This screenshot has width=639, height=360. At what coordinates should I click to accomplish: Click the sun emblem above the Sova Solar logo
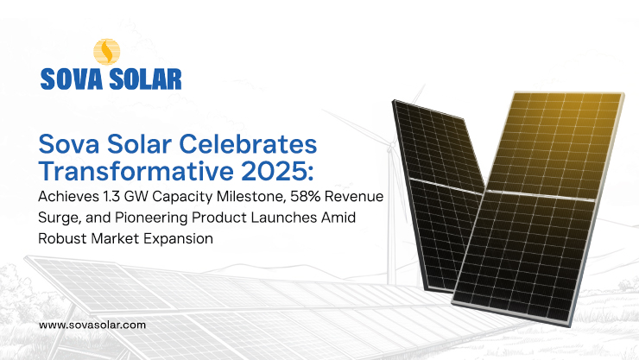click(106, 53)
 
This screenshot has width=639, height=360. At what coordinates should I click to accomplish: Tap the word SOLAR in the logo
click(148, 79)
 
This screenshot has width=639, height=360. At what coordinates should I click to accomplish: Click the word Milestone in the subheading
click(236, 199)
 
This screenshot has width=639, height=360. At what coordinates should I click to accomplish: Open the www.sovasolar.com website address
click(93, 325)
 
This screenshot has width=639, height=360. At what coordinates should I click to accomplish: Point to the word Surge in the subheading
click(58, 218)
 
